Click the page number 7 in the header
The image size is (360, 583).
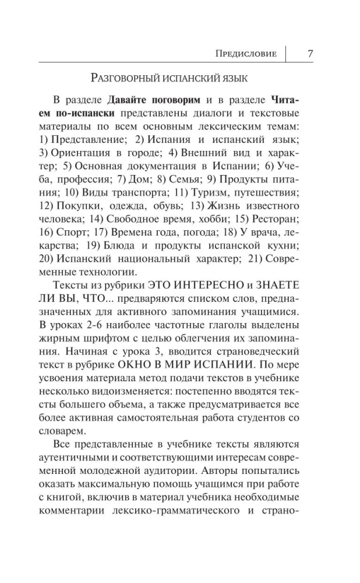310,54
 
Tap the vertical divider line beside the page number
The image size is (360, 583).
287,54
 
